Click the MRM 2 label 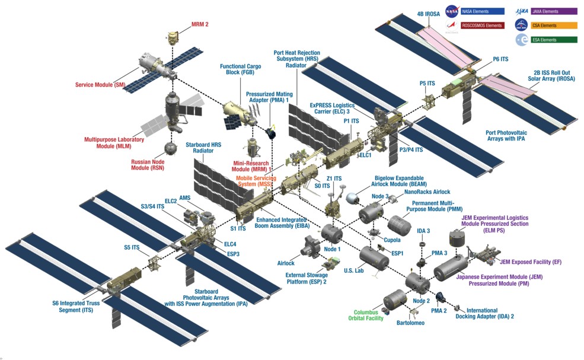tap(199, 25)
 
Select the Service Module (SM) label tap(100, 85)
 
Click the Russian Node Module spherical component tap(171, 146)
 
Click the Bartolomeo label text tap(410, 323)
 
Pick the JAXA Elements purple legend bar tap(554, 11)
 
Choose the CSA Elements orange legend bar tap(554, 26)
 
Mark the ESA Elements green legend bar tap(554, 40)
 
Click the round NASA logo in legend tap(452, 11)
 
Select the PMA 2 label tap(439, 311)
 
